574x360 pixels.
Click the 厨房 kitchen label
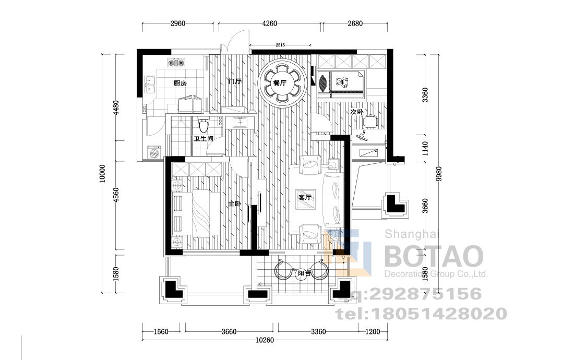[180, 83]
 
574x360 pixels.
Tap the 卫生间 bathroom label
[204, 139]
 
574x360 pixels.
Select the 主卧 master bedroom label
[235, 204]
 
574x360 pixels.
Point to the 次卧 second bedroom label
[356, 112]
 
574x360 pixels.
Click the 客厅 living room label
[305, 198]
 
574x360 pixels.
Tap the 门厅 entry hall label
[235, 81]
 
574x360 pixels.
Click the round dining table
[281, 83]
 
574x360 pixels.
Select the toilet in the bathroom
[204, 125]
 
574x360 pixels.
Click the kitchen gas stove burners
[176, 62]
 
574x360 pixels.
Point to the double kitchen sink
[150, 84]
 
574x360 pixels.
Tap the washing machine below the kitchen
[154, 152]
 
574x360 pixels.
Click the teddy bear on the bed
[342, 82]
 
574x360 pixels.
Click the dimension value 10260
[265, 340]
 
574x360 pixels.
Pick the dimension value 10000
[102, 173]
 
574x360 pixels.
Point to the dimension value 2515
[280, 45]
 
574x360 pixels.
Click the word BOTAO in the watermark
[434, 257]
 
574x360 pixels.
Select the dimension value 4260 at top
[270, 23]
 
